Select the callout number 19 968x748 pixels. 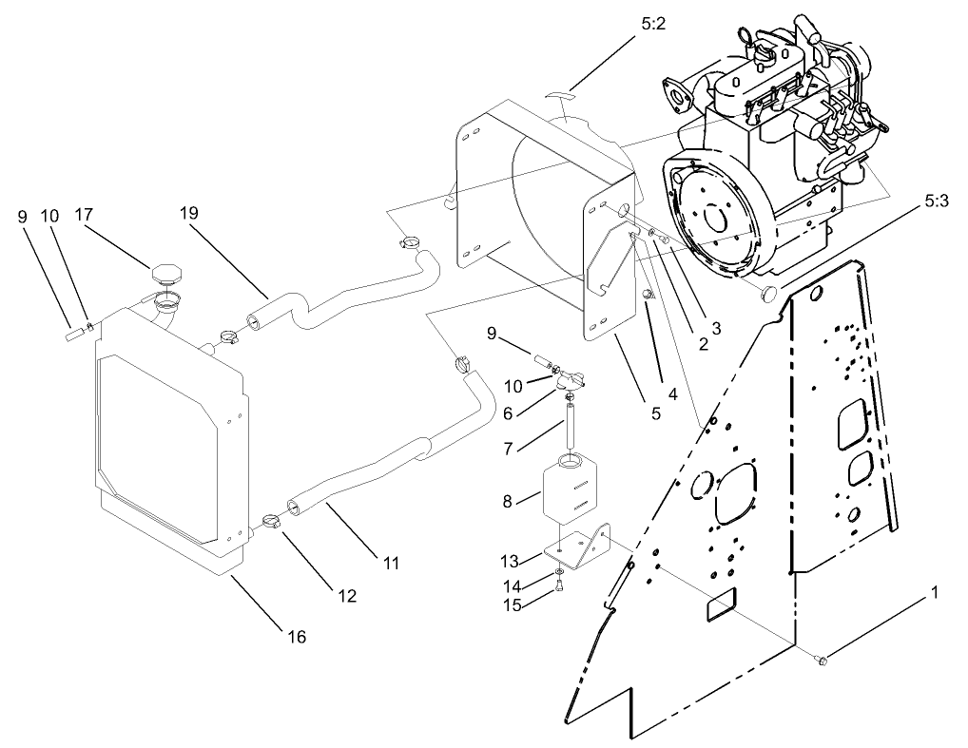pos(188,214)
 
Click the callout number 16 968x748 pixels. pos(297,637)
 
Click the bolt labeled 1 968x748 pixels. pos(823,660)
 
